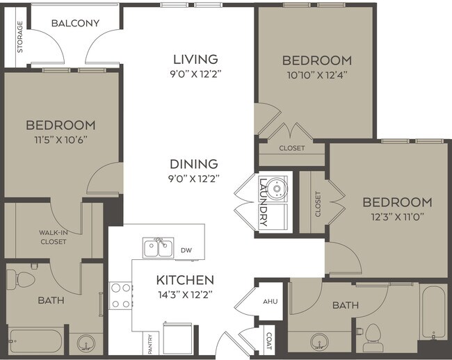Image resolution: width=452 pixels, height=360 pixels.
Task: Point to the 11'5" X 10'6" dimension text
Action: click(60, 138)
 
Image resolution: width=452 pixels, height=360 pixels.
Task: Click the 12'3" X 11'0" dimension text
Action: click(397, 215)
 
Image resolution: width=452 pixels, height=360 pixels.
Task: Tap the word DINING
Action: click(194, 164)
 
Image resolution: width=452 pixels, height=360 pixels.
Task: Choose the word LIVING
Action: click(195, 59)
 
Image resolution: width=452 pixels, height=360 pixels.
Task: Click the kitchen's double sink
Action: click(156, 247)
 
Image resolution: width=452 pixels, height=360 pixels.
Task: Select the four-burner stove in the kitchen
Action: click(121, 295)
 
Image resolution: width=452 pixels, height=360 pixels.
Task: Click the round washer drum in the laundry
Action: click(277, 187)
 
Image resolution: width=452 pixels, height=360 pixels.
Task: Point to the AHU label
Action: click(270, 301)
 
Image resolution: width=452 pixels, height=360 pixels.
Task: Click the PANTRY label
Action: click(149, 343)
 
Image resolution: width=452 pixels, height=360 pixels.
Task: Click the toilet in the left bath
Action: click(26, 279)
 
